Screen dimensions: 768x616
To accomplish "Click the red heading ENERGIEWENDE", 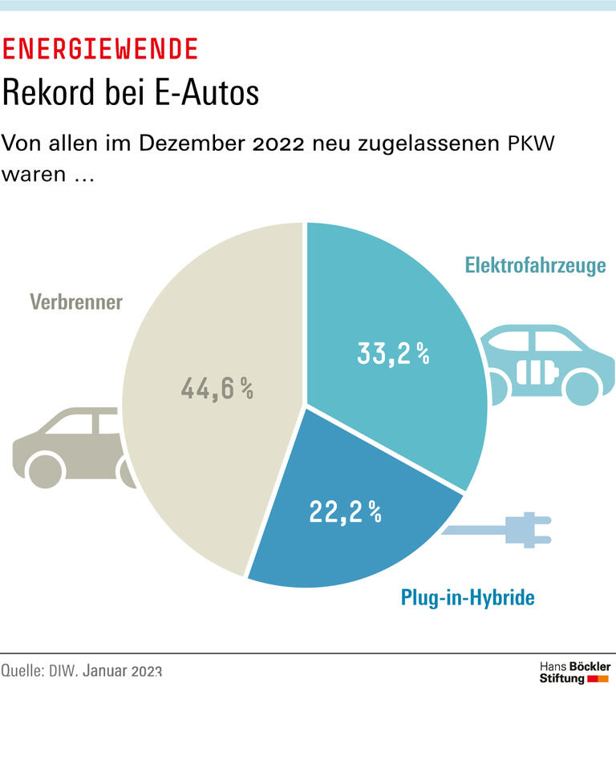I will click(100, 50).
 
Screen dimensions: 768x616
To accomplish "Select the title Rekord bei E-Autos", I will click(131, 93).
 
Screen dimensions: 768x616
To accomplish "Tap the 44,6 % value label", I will click(217, 390).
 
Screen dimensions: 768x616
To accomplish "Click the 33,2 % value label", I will click(393, 354).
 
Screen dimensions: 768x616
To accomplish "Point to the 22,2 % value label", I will click(345, 510).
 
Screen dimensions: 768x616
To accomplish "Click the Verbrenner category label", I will click(76, 302).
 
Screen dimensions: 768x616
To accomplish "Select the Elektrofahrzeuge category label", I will click(535, 265).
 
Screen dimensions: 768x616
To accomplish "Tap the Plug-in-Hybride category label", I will click(468, 597).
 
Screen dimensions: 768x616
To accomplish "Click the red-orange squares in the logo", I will click(598, 679).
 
